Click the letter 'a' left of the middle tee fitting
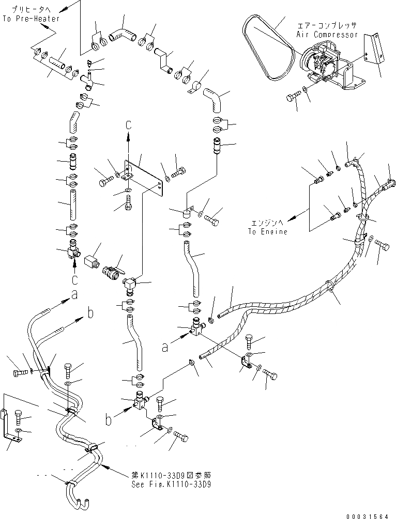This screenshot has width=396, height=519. pos(165,348)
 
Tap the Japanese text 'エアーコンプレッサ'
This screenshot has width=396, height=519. pos(327,25)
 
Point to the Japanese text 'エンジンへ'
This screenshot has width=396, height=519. pos(266,223)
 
